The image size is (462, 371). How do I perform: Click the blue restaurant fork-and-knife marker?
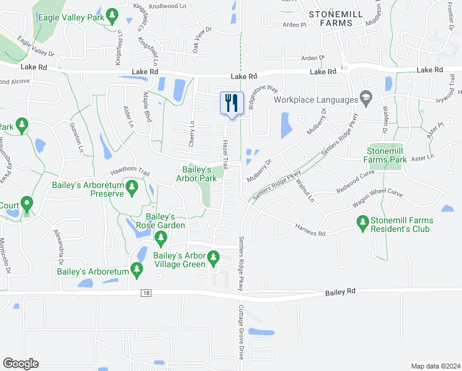(x=232, y=103)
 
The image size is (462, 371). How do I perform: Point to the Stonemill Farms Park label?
(x=387, y=155)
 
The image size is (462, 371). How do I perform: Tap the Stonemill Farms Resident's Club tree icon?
(x=363, y=221)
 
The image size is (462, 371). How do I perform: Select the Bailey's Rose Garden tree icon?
(x=161, y=238)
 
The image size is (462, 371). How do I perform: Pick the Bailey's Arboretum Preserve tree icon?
(x=132, y=187)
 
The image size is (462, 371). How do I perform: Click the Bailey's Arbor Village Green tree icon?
(x=214, y=256)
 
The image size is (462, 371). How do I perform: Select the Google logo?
(x=20, y=364)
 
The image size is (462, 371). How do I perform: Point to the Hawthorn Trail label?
(x=130, y=173)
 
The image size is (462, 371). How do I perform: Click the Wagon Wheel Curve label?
(x=377, y=198)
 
